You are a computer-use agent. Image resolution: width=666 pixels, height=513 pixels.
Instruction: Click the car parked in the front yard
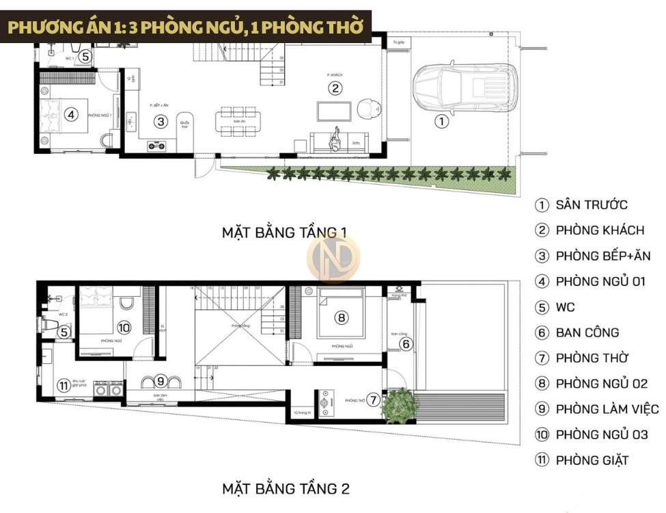pyautogui.click(x=465, y=88)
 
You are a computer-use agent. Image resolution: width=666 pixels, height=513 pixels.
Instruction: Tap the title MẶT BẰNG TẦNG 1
pyautogui.click(x=285, y=233)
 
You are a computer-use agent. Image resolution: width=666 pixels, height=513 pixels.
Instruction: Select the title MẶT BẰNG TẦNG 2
pyautogui.click(x=285, y=489)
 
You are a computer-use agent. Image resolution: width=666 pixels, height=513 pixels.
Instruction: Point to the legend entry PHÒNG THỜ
pyautogui.click(x=592, y=358)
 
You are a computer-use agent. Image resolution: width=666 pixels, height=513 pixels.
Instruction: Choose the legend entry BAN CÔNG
pyautogui.click(x=587, y=332)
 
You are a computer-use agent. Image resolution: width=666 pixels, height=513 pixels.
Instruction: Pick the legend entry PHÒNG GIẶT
pyautogui.click(x=592, y=460)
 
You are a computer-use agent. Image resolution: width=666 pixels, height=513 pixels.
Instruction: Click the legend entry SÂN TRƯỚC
pyautogui.click(x=591, y=205)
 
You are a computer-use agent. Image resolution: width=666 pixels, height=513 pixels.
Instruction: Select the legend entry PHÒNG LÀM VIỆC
pyautogui.click(x=607, y=409)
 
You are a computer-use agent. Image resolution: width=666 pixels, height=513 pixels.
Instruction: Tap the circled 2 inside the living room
pyautogui.click(x=335, y=88)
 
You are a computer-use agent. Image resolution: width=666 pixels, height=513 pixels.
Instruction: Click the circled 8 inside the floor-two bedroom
pyautogui.click(x=342, y=317)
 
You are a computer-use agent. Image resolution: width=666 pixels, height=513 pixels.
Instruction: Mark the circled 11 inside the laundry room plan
pyautogui.click(x=64, y=386)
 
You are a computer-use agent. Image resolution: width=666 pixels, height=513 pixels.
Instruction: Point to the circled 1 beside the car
pyautogui.click(x=441, y=122)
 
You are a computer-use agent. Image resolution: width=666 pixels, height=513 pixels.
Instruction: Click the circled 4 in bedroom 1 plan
pyautogui.click(x=70, y=115)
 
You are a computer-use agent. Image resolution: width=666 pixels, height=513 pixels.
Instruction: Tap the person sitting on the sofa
pyautogui.click(x=336, y=142)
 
